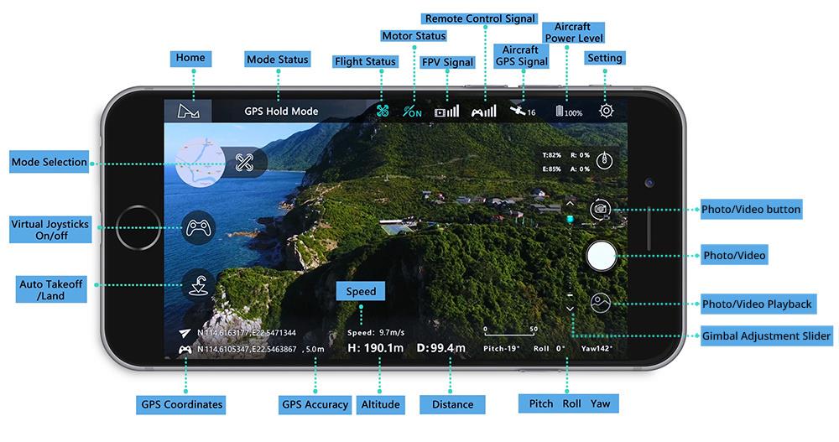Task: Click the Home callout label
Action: pyautogui.click(x=190, y=58)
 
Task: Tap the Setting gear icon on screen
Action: pyautogui.click(x=606, y=111)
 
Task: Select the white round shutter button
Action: pyautogui.click(x=602, y=255)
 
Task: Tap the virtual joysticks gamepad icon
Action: pyautogui.click(x=198, y=228)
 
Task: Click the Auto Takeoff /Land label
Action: pyautogui.click(x=51, y=290)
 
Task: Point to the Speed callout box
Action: pyautogui.click(x=361, y=291)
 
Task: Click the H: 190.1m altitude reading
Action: pyautogui.click(x=375, y=347)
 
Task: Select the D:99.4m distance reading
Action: pyautogui.click(x=440, y=347)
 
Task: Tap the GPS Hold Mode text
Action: pyautogui.click(x=281, y=112)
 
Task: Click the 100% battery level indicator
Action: pyautogui.click(x=569, y=112)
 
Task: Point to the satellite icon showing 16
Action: pyautogui.click(x=523, y=112)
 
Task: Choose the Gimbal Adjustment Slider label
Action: pyautogui.click(x=766, y=336)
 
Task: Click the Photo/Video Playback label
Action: pyautogui.click(x=758, y=304)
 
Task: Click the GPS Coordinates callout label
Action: pyautogui.click(x=181, y=404)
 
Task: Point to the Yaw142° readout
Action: pyautogui.click(x=597, y=348)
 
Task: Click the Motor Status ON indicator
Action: pyautogui.click(x=413, y=112)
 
